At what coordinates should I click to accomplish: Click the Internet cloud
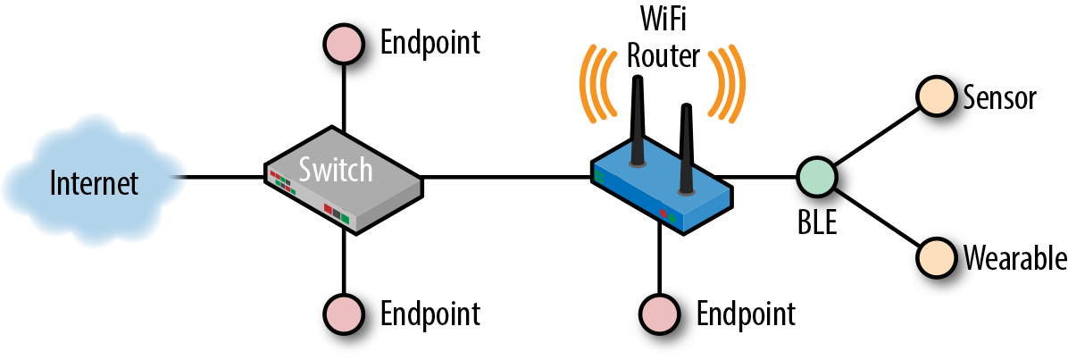tap(93, 183)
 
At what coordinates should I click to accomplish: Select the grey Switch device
tap(344, 182)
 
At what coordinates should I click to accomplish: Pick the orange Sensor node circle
tap(935, 96)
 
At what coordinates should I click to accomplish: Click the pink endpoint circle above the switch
tap(343, 43)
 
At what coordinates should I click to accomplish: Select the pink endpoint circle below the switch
tap(343, 314)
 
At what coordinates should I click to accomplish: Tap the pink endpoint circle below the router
tap(659, 314)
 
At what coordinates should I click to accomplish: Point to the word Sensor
tap(998, 96)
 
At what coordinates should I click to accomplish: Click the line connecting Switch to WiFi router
tap(505, 176)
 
